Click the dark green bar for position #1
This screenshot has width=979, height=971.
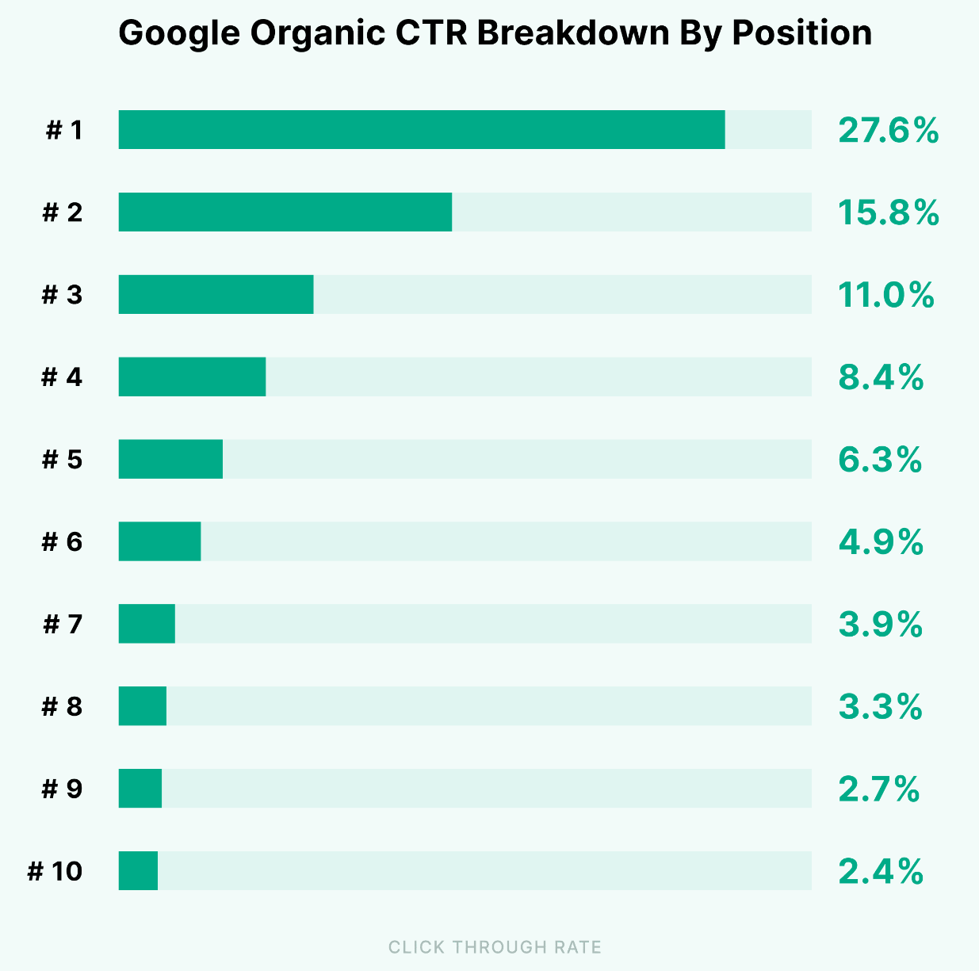pos(422,130)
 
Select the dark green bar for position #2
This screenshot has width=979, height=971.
pos(285,212)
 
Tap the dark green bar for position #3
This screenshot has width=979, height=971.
pos(216,295)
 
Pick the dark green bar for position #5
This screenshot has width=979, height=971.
pos(170,460)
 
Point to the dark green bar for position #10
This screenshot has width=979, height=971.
pos(138,871)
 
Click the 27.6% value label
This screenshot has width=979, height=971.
pos(888,131)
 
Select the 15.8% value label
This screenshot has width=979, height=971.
pos(888,213)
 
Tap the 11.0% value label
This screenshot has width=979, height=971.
pos(885,296)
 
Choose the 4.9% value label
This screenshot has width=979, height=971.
pos(881,543)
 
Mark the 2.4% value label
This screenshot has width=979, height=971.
pos(881,872)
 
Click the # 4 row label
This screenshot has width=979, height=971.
pos(62,377)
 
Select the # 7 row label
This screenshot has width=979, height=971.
pos(62,625)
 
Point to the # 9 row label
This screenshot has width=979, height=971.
pos(62,789)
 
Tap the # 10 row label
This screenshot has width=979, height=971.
pos(55,872)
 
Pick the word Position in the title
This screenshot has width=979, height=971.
pos(801,33)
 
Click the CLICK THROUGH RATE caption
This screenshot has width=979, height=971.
pos(495,947)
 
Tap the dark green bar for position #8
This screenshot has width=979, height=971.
pos(143,706)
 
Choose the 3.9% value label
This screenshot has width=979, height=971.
pos(880,625)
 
